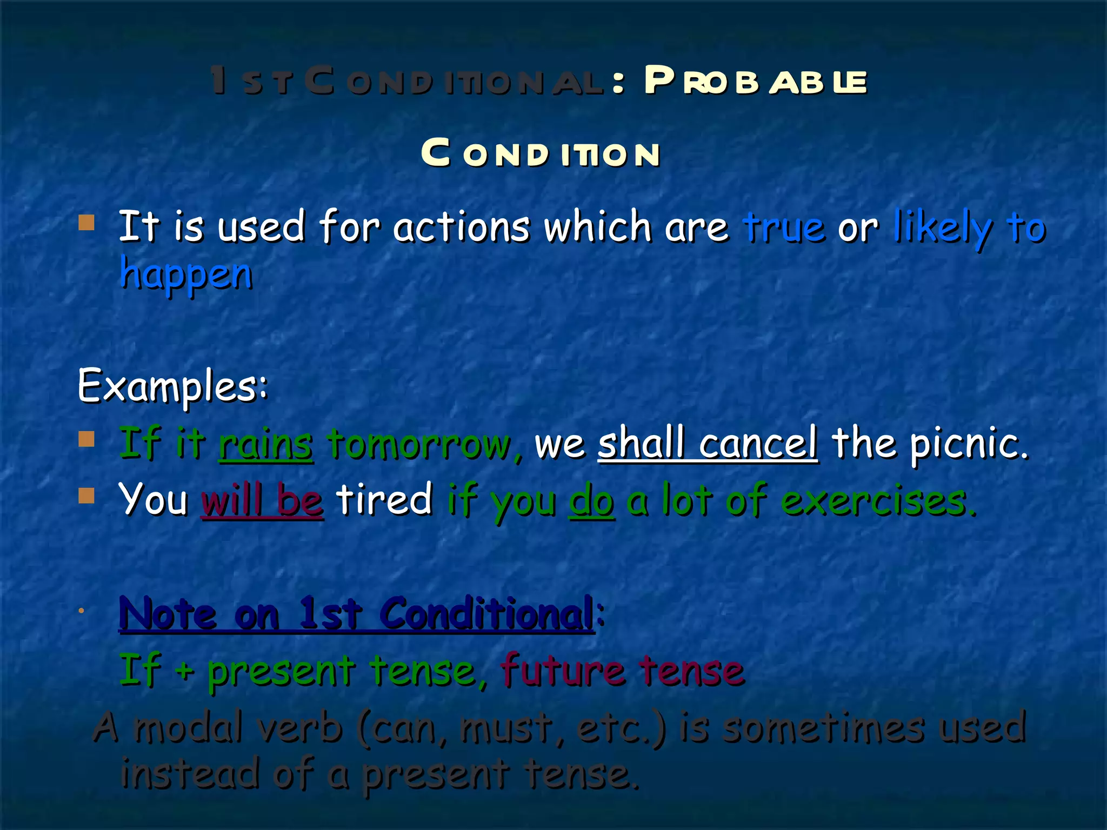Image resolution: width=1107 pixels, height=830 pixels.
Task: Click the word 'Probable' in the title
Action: coord(755,82)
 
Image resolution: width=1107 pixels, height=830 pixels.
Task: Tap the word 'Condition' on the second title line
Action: coord(541,153)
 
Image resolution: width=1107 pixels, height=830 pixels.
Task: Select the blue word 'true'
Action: coord(784,227)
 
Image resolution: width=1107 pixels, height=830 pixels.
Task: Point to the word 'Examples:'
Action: coord(172,386)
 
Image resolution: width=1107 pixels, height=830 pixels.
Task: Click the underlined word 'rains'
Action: coord(265,444)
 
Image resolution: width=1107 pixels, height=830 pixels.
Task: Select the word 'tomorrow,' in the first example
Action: coord(425,444)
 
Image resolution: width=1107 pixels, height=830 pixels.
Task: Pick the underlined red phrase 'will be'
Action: coord(262,500)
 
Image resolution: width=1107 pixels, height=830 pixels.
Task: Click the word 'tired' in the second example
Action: coord(384,499)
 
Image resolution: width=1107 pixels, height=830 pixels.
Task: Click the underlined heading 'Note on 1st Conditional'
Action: coord(357,614)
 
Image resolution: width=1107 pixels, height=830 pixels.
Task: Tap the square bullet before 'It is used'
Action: coord(86,223)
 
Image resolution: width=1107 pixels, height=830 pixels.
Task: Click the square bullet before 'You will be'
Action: coord(86,496)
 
